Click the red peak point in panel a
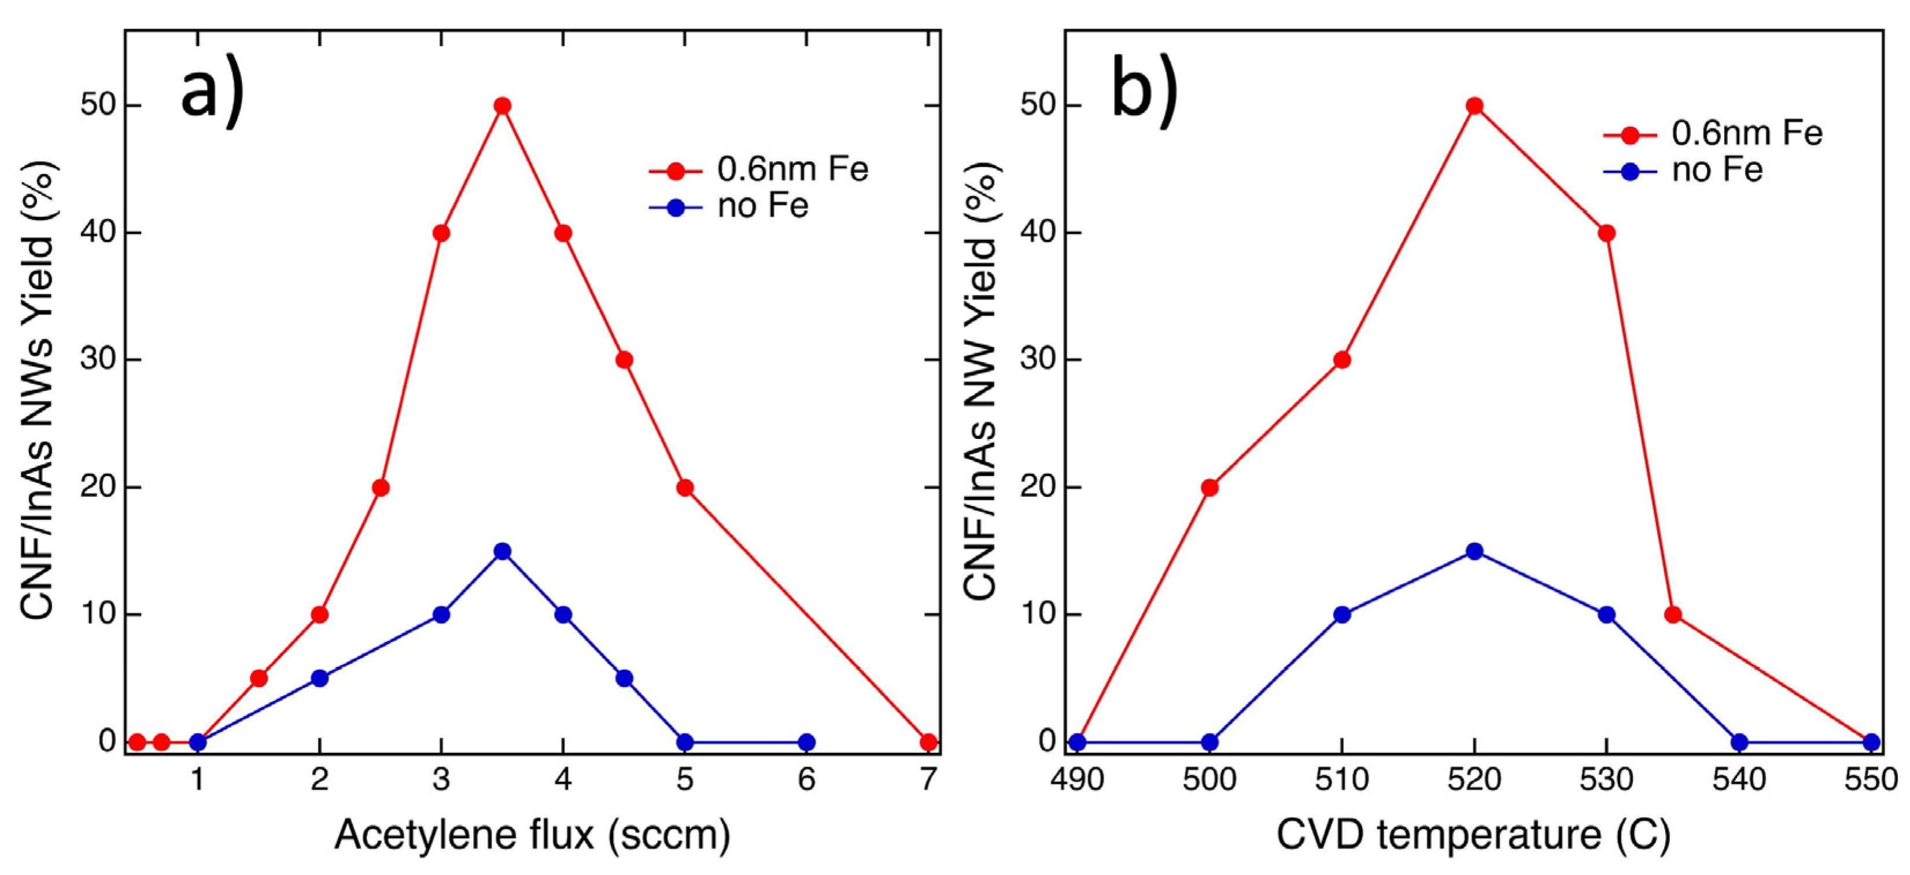(502, 106)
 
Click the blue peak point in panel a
(502, 551)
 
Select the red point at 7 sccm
(928, 741)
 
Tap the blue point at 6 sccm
(807, 741)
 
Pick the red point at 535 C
(1673, 615)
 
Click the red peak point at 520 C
(1475, 106)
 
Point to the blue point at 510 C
(1342, 615)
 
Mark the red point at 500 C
(1210, 487)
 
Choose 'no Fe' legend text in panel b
(1716, 171)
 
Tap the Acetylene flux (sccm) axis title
(532, 835)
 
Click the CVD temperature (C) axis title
(1473, 835)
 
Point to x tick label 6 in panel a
(807, 780)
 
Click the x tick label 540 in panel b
(1739, 780)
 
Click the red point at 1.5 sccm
(259, 678)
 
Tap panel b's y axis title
(982, 382)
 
